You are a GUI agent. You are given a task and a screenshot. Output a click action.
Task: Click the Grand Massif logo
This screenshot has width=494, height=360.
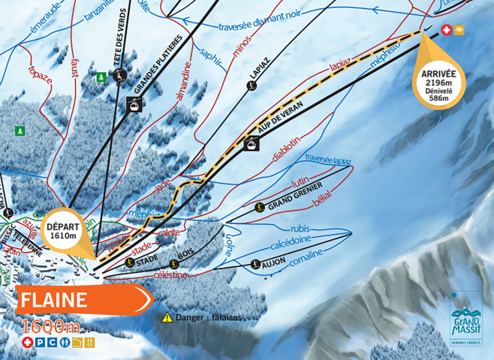click(465, 319)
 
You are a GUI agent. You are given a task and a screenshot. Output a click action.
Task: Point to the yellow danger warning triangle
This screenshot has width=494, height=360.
click(167, 317)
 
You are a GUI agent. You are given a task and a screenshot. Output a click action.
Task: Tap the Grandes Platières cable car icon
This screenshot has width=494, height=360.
click(132, 105)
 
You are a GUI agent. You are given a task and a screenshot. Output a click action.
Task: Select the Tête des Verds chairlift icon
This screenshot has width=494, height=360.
click(119, 74)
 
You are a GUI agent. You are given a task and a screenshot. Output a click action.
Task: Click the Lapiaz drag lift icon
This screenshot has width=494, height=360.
click(252, 86)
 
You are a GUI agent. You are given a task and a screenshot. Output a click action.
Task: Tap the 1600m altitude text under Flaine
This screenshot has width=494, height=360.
click(51, 326)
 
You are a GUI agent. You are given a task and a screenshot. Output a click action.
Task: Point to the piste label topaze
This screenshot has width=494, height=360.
click(41, 73)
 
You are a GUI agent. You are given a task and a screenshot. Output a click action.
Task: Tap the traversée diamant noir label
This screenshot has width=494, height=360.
click(259, 25)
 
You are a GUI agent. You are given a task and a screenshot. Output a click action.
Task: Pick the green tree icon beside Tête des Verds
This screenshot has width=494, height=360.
click(101, 76)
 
